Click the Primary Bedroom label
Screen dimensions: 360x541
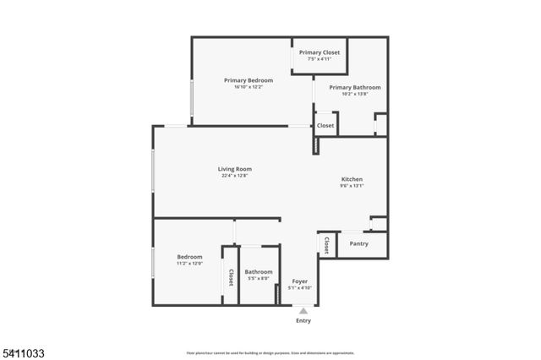(249, 80)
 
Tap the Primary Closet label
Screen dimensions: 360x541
(320, 52)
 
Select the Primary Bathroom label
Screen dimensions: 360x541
(355, 87)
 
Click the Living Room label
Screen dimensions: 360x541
(236, 169)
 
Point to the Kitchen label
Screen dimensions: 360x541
(352, 179)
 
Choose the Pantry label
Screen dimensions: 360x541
(359, 243)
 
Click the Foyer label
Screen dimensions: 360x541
(300, 281)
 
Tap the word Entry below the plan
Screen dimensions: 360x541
(303, 321)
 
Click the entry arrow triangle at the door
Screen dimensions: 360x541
(303, 311)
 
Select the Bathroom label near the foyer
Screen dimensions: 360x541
(259, 272)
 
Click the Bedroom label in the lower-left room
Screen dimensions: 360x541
(189, 257)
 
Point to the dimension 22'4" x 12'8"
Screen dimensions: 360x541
(236, 176)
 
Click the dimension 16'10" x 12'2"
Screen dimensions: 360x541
(249, 87)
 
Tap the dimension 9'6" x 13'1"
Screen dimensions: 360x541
(352, 186)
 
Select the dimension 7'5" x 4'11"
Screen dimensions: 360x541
(320, 59)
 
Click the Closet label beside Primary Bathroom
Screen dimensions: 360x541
(325, 126)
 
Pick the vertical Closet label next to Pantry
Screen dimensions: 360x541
(326, 244)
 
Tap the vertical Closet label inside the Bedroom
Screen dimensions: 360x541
(230, 276)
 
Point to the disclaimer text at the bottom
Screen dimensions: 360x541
(270, 352)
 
